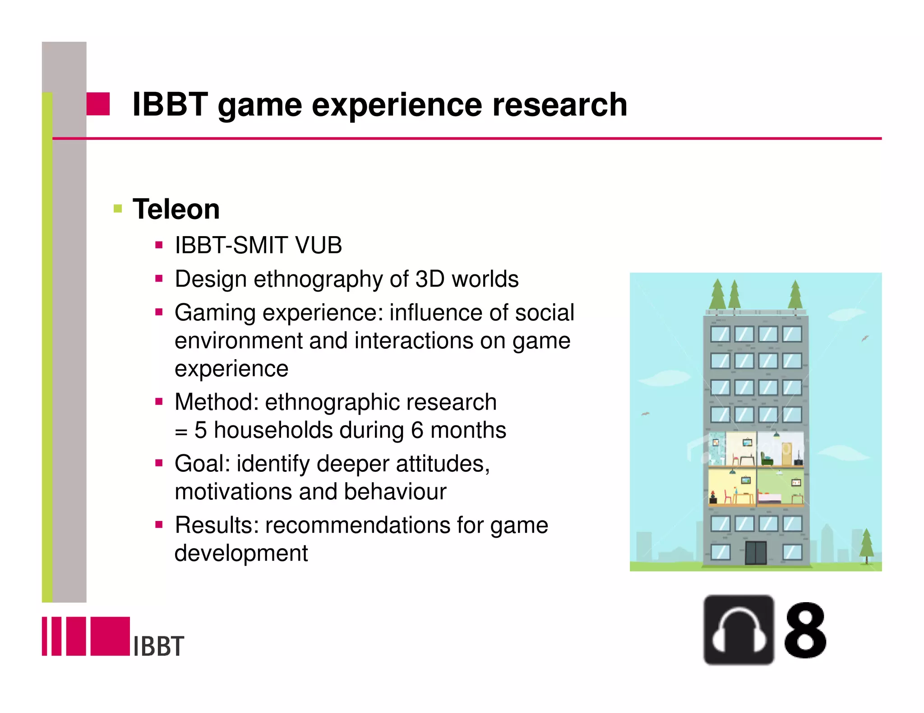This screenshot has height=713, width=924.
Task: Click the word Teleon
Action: (x=176, y=210)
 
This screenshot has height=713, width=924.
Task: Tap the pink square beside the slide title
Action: (x=98, y=104)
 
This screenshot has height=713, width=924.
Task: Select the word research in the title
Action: (x=559, y=105)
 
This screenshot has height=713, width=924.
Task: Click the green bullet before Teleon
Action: (x=118, y=209)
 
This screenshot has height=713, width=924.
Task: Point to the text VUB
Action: (x=318, y=246)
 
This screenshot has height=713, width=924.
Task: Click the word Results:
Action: (x=217, y=526)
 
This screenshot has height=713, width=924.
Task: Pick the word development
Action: (x=241, y=553)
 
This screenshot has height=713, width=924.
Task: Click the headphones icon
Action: (x=739, y=630)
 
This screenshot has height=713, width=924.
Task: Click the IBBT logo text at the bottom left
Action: (x=159, y=646)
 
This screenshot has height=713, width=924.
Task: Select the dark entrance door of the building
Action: (x=756, y=553)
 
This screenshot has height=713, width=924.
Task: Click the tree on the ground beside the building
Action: (x=866, y=546)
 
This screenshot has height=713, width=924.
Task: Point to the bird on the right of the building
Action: (x=865, y=338)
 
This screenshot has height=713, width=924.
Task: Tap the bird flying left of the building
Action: (x=646, y=414)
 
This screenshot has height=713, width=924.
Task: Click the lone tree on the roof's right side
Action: (x=795, y=295)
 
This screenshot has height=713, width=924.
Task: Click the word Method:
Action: (x=216, y=402)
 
